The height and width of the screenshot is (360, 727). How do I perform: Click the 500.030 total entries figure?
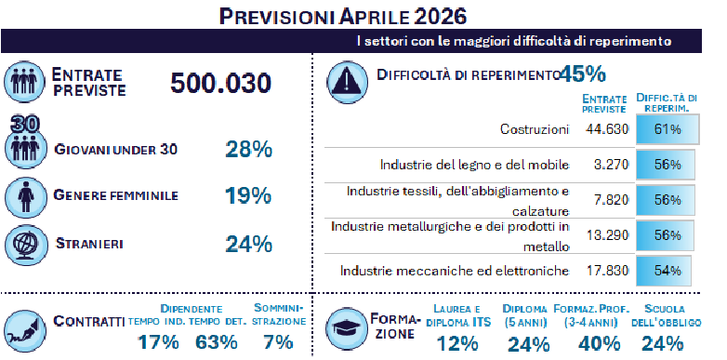click(220, 84)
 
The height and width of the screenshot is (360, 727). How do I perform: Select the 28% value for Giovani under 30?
click(247, 148)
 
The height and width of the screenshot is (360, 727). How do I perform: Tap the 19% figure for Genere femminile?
click(247, 195)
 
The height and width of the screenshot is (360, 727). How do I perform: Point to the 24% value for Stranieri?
click(247, 244)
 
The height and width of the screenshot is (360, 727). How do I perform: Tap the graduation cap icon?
click(345, 325)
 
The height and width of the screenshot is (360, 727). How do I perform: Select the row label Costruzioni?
click(533, 129)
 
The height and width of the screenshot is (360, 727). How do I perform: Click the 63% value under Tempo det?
click(216, 341)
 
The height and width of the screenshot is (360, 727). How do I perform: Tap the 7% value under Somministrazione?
click(278, 341)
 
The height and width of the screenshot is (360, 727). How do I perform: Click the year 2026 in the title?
click(431, 16)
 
